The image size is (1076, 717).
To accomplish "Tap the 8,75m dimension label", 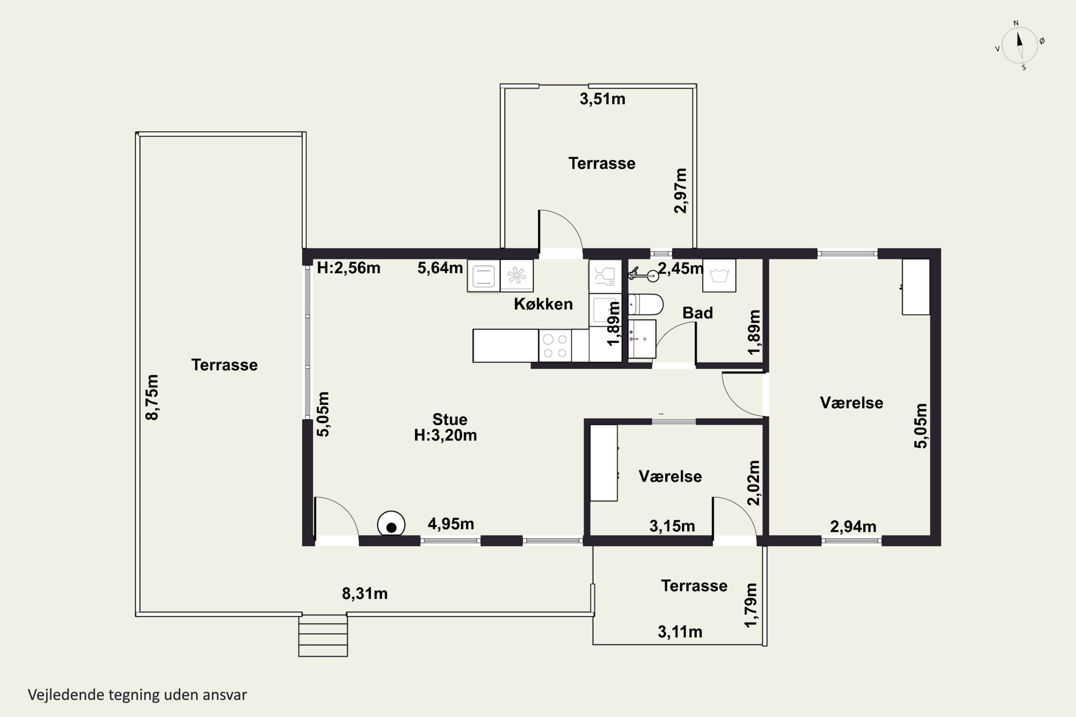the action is (x=152, y=397).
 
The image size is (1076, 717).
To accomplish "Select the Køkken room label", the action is (x=543, y=304).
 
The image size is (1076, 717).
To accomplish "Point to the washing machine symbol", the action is (x=719, y=275).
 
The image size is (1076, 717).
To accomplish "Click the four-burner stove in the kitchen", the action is (x=555, y=346).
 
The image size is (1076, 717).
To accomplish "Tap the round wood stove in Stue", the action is (x=391, y=523).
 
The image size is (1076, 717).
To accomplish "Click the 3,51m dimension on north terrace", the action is (x=602, y=99).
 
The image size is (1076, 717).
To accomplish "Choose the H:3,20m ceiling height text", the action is (x=445, y=435).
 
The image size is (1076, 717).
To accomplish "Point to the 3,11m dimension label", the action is (x=680, y=632).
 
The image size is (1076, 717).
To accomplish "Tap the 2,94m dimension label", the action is (x=853, y=527).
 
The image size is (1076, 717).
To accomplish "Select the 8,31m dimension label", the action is (x=365, y=594).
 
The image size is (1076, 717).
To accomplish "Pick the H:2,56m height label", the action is (x=349, y=267).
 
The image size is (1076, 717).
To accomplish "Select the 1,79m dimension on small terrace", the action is (x=751, y=606).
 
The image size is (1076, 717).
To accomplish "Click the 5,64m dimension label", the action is (x=440, y=268).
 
